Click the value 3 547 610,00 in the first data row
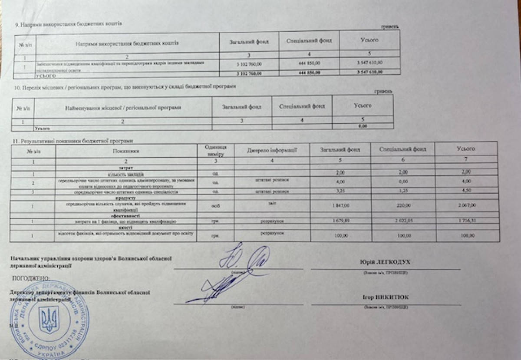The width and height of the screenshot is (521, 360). pyautogui.click(x=369, y=63)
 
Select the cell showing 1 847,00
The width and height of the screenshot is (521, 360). pyautogui.click(x=340, y=205)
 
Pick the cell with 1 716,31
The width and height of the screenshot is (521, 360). pyautogui.click(x=465, y=221)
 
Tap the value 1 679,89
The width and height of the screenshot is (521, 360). pyautogui.click(x=340, y=221)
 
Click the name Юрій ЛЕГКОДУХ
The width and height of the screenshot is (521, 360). pyautogui.click(x=385, y=263)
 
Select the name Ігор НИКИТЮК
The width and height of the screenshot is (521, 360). pyautogui.click(x=385, y=297)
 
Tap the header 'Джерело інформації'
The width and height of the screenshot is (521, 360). pyautogui.click(x=272, y=150)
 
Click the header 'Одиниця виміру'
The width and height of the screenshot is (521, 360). pyautogui.click(x=215, y=150)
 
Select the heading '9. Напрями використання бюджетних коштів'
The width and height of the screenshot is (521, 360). pyautogui.click(x=68, y=24)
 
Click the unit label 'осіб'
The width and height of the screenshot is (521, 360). pyautogui.click(x=215, y=205)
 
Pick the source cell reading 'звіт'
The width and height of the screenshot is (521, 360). pyautogui.click(x=272, y=202)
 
